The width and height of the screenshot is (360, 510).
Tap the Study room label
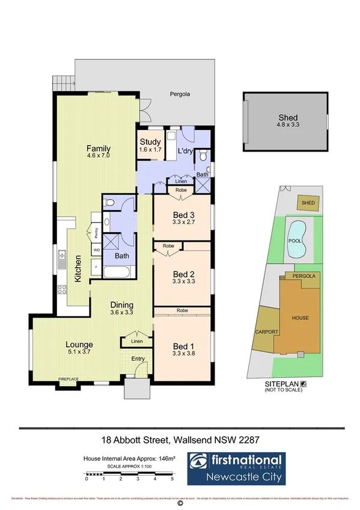coord(150,143)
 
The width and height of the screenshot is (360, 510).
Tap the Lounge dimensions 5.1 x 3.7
coord(78,354)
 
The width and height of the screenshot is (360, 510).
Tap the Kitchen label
coord(79,268)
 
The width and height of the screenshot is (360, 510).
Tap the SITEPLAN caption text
coord(278,383)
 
